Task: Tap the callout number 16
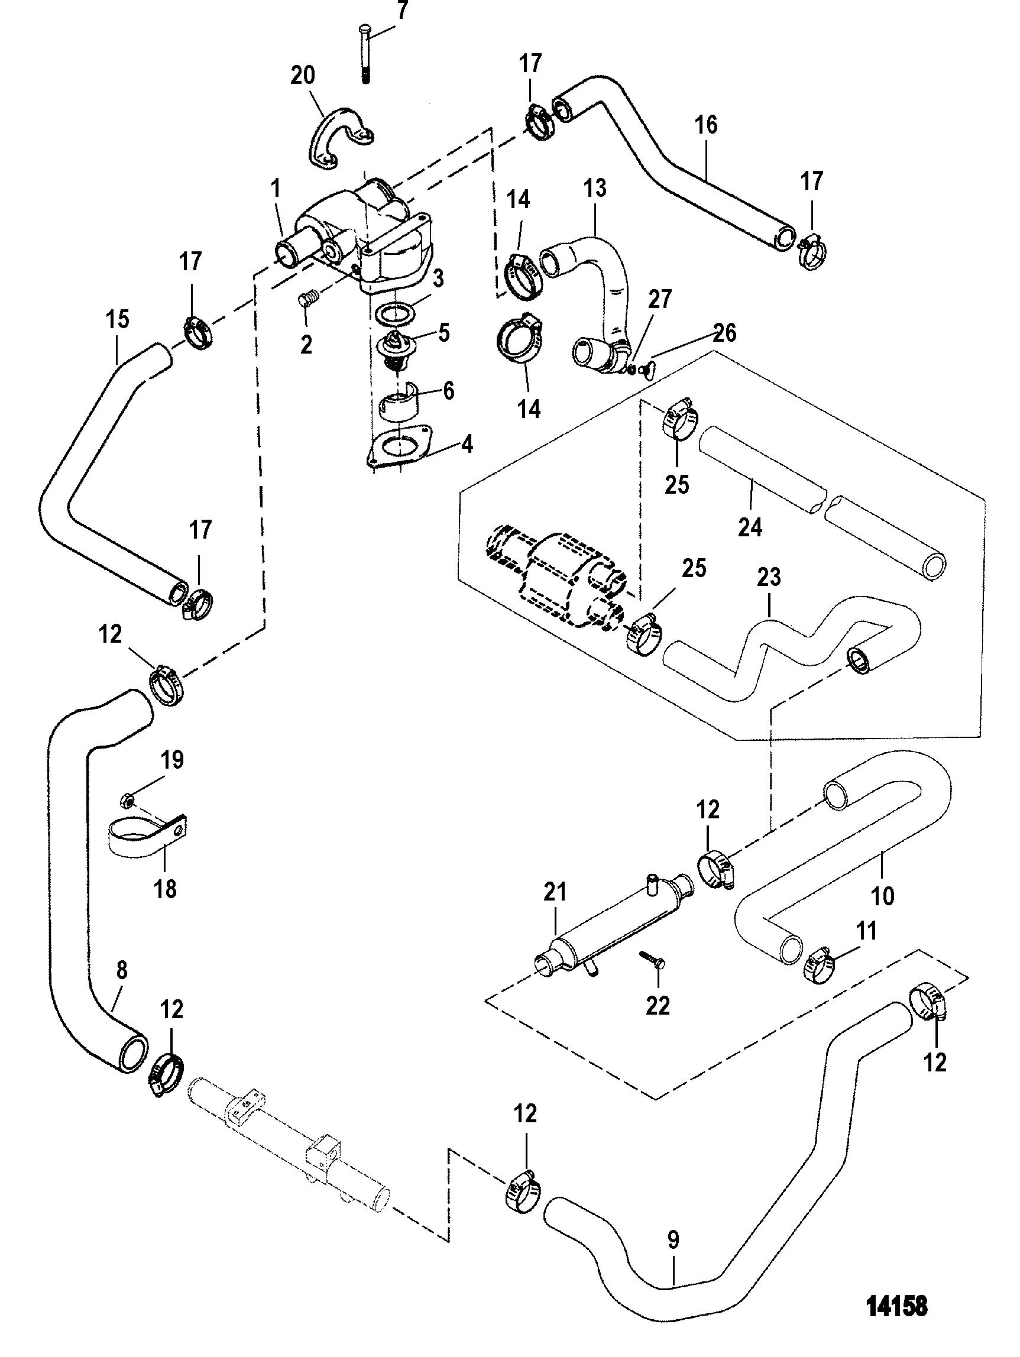click(706, 125)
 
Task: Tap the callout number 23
click(769, 577)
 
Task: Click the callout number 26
click(724, 333)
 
